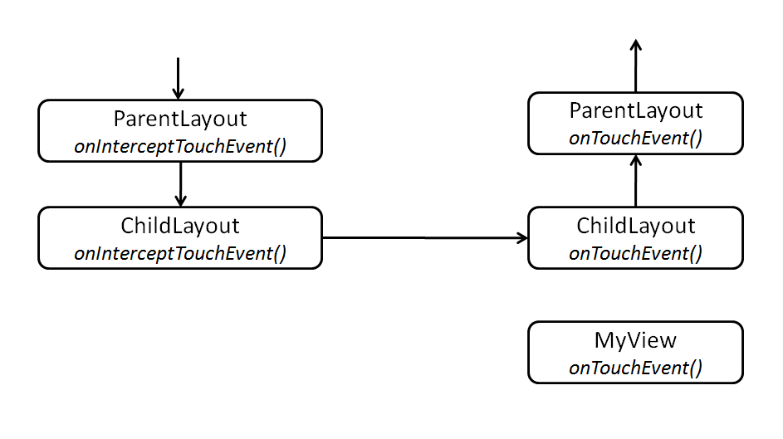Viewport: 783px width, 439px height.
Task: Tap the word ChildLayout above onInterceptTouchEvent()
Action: click(180, 226)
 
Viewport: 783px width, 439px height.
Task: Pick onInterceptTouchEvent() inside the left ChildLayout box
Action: click(180, 254)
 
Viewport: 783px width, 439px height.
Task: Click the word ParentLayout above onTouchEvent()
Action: click(636, 110)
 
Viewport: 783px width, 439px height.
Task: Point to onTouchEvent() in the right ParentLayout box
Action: click(636, 138)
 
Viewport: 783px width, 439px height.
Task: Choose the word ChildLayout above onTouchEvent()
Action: click(636, 226)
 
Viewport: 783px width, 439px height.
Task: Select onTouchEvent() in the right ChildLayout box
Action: click(636, 254)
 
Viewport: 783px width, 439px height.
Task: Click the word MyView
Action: click(636, 340)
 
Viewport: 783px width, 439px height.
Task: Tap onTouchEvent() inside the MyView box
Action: click(636, 368)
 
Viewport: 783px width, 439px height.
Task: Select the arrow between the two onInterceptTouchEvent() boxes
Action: click(180, 183)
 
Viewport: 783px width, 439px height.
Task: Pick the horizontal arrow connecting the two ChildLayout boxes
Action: click(423, 238)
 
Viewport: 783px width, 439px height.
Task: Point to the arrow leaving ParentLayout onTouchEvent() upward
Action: click(636, 66)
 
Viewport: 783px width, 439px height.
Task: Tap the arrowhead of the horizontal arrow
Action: click(522, 238)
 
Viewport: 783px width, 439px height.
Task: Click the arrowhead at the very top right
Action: click(636, 45)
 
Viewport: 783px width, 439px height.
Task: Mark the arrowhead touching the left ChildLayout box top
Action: click(180, 201)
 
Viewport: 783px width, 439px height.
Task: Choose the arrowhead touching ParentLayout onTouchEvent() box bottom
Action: click(636, 160)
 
